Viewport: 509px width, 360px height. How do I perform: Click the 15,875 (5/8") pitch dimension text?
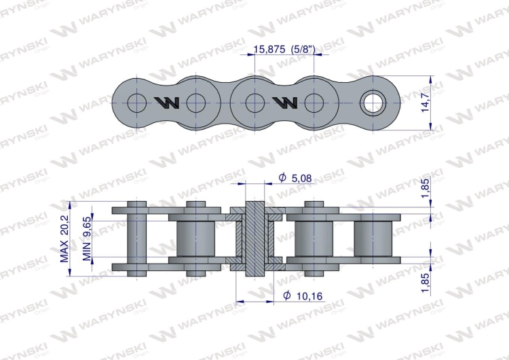pos(284,50)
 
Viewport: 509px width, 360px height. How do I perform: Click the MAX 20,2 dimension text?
pos(64,239)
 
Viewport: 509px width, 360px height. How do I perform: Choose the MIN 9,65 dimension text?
pos(87,239)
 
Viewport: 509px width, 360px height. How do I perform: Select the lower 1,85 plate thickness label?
pos(425,283)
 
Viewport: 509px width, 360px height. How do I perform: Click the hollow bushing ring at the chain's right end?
pos(373,103)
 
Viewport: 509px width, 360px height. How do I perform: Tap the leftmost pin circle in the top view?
pos(136,103)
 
